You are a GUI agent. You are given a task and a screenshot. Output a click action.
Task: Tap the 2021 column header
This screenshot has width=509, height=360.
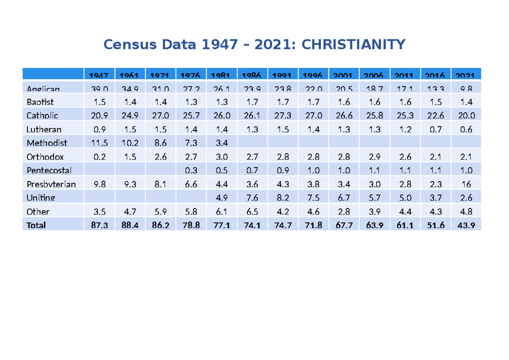[466, 75]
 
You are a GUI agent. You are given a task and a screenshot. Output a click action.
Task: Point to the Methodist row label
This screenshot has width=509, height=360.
[47, 143]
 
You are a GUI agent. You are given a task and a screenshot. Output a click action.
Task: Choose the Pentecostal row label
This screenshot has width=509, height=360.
[49, 170]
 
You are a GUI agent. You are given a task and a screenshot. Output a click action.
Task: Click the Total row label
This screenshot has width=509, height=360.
[36, 225]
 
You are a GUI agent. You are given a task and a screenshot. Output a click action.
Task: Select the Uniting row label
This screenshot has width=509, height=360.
[41, 198]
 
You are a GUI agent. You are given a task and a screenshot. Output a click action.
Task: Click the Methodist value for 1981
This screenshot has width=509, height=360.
[221, 143]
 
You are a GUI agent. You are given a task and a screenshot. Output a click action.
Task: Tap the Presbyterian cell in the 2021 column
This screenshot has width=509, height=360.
[466, 184]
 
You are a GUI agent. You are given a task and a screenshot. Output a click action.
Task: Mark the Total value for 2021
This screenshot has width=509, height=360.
[466, 225]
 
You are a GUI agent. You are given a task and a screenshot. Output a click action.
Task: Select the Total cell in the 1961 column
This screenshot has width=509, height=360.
[129, 225]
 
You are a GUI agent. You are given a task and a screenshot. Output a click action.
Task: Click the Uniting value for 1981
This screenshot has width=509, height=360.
[221, 198]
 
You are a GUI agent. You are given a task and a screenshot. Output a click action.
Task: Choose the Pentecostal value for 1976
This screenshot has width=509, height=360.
[191, 170]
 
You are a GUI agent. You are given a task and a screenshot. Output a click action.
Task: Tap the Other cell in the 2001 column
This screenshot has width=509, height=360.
[344, 212]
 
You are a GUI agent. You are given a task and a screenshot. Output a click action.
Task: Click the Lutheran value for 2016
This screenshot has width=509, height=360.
[436, 129]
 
